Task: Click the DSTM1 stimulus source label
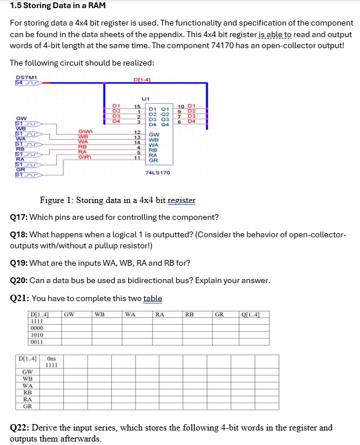pos(26,77)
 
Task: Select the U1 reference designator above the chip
pos(146,99)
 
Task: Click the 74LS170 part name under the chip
pos(158,173)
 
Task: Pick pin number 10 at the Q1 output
pos(181,107)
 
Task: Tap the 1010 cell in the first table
pos(37,335)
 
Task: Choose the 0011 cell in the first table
pos(37,342)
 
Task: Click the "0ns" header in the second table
pos(52,359)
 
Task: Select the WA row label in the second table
pos(27,385)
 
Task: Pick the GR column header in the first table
pos(219,315)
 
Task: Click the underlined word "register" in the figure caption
pos(181,201)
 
